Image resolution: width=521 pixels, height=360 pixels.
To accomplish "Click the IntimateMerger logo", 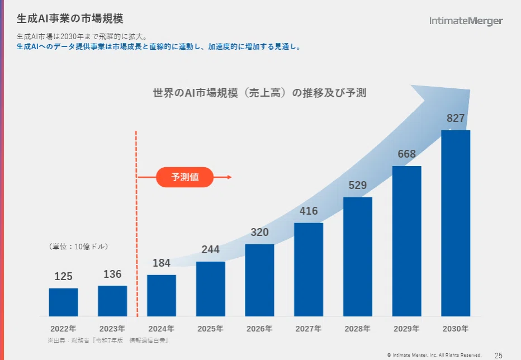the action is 466,21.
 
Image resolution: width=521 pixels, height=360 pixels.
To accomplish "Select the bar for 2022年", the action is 64,302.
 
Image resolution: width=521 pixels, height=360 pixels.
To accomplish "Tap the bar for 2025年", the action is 210,289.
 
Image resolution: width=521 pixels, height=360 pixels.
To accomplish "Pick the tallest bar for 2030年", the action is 456,223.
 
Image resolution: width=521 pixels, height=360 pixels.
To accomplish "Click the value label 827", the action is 456,118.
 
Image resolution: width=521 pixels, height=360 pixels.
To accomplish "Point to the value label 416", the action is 309,211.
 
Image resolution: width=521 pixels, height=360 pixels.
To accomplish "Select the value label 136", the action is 112,274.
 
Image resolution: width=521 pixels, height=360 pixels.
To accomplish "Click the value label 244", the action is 210,249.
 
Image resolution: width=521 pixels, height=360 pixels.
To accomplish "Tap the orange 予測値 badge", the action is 184,177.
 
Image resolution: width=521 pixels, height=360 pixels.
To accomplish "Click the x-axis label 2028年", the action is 358,329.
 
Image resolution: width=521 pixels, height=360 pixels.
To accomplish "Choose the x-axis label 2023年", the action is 112,329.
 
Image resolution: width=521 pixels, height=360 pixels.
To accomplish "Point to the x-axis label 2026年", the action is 259,329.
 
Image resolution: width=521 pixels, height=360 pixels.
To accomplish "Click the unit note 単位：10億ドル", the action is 78,247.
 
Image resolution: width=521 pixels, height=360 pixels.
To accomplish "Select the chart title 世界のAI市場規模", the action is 259,93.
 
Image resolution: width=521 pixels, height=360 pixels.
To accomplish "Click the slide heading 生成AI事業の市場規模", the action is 70,18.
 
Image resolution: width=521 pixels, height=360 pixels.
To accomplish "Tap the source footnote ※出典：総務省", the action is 108,340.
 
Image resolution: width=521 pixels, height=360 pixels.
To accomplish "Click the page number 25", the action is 499,356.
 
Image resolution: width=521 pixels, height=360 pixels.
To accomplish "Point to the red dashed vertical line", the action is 136,224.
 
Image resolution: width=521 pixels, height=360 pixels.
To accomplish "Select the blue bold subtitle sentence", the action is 159,47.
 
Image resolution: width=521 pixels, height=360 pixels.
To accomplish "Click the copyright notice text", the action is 434,355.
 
